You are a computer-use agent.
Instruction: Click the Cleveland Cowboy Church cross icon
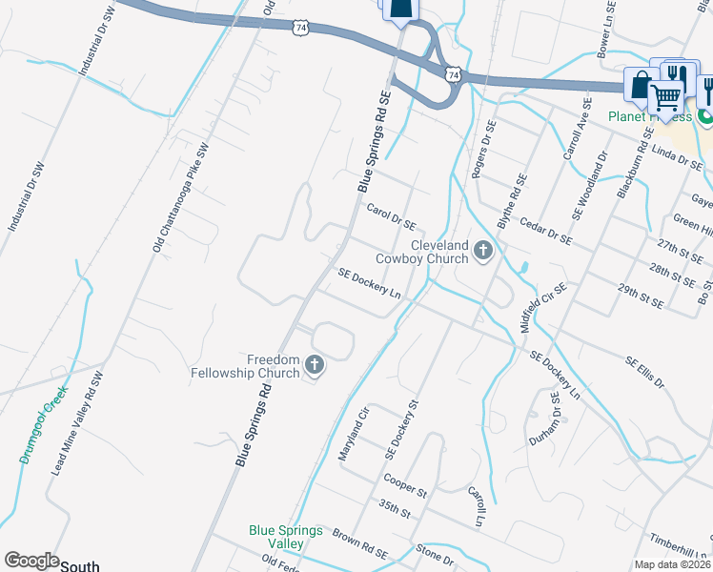click(x=482, y=252)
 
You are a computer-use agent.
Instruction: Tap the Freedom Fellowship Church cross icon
click(x=315, y=364)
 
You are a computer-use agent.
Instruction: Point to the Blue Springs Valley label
click(x=286, y=537)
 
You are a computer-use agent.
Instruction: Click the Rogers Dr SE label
click(x=484, y=150)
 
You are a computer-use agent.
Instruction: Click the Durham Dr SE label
click(x=541, y=427)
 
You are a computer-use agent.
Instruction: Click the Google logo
click(x=31, y=562)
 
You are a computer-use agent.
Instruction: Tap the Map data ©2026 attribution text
click(x=671, y=564)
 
